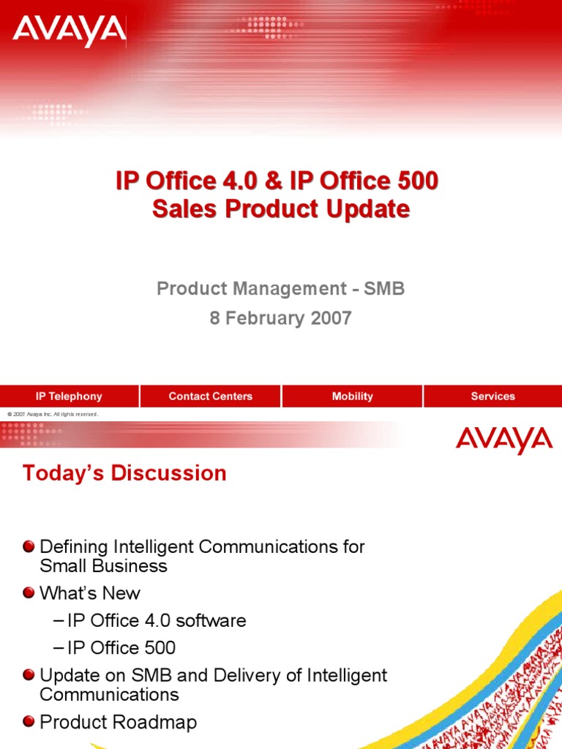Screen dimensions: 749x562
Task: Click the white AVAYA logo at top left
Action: click(70, 31)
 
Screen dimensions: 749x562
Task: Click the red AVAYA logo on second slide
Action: click(503, 440)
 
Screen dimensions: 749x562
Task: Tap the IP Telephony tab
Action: click(70, 396)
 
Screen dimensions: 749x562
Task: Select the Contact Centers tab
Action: click(210, 396)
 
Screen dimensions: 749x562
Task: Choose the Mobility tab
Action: click(352, 396)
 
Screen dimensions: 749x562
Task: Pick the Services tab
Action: click(492, 396)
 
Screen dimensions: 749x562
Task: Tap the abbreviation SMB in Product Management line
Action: click(383, 289)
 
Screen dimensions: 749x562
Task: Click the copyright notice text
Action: click(53, 415)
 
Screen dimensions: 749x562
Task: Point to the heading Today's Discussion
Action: click(124, 473)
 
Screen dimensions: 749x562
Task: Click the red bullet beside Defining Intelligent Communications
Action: click(29, 546)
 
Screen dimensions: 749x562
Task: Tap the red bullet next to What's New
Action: click(29, 593)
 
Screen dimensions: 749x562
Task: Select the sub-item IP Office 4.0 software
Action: click(157, 621)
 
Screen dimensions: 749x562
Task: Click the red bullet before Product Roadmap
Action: click(29, 722)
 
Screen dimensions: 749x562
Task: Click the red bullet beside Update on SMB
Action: click(29, 675)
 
